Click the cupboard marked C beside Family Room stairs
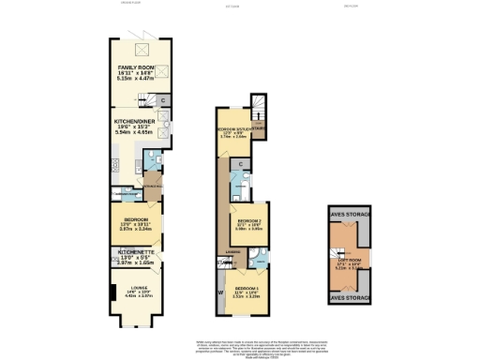click(x=161, y=100)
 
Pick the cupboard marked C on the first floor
click(x=241, y=164)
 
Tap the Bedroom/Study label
click(x=233, y=130)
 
